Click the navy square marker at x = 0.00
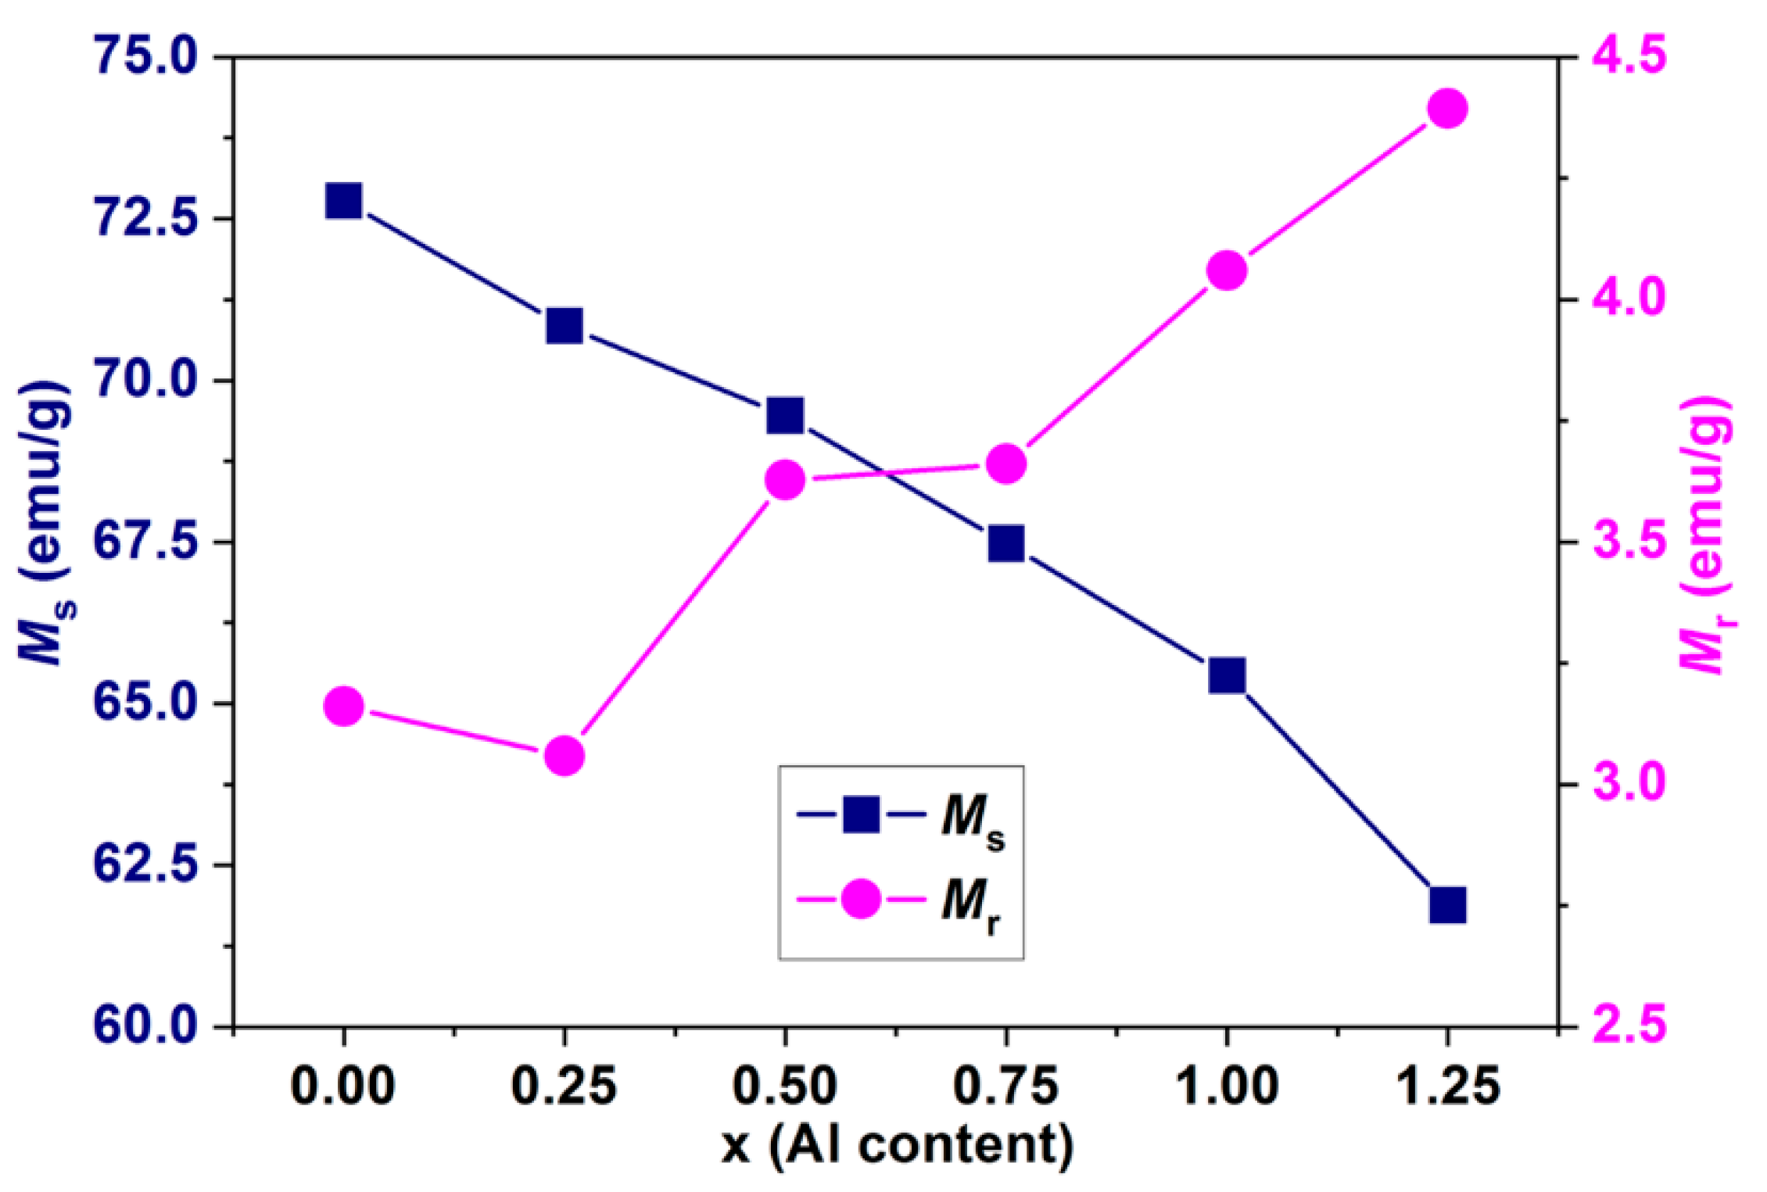click(343, 202)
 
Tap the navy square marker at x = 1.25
click(1447, 905)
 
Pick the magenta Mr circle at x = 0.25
click(565, 756)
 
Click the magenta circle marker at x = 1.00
click(1226, 270)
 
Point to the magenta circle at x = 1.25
click(1447, 109)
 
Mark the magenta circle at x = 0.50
click(785, 480)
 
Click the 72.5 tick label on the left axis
click(145, 218)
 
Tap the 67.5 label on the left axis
click(145, 542)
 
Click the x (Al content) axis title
click(897, 1147)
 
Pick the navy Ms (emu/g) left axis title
click(45, 524)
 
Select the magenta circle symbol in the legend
click(861, 899)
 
